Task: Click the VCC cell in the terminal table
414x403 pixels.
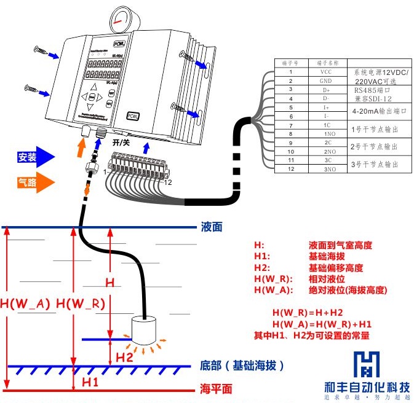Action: point(325,72)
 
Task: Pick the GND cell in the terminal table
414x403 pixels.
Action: point(325,80)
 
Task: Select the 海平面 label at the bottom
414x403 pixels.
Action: point(216,389)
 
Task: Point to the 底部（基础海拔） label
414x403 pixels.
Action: point(242,366)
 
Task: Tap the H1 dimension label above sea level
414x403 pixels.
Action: point(91,381)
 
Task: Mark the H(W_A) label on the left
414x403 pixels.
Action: point(25,303)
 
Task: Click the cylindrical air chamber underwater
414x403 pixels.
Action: point(146,331)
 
